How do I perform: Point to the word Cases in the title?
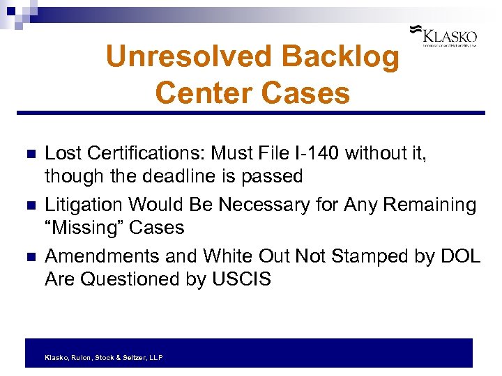[x=311, y=93]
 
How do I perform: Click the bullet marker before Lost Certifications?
[x=29, y=155]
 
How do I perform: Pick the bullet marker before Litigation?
[x=29, y=205]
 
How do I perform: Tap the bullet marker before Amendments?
[x=29, y=257]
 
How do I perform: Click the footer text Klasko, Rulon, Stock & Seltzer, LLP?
[x=103, y=357]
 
